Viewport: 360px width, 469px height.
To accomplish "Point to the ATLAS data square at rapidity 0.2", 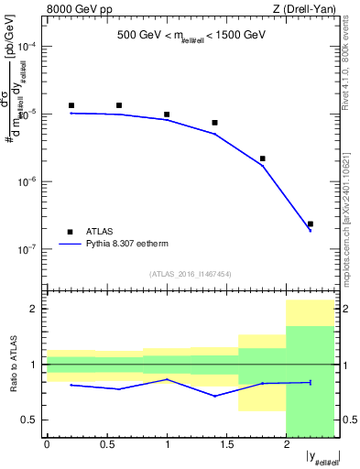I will (71, 106).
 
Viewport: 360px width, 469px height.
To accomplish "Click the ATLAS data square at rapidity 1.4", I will (214, 123).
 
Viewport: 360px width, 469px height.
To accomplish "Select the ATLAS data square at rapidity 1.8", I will (262, 158).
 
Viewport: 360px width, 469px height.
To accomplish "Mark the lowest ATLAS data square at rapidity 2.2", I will (311, 224).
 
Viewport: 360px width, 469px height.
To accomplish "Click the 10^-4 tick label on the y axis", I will (28, 47).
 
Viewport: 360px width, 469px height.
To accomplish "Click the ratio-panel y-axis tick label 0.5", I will (32, 420).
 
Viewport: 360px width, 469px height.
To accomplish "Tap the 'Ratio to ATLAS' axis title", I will (12, 364).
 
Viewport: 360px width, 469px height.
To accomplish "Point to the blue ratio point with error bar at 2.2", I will (311, 382).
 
